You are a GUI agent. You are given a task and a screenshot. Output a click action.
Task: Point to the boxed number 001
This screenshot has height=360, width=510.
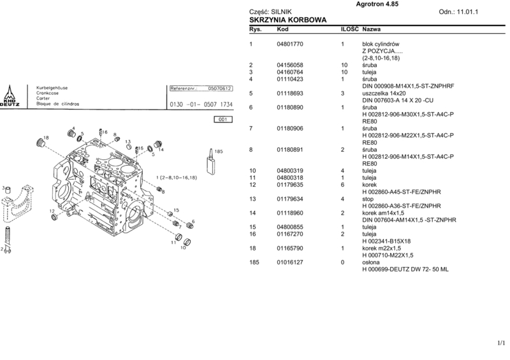[223, 119]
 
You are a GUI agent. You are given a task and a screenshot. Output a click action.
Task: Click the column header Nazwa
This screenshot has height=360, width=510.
[372, 30]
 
